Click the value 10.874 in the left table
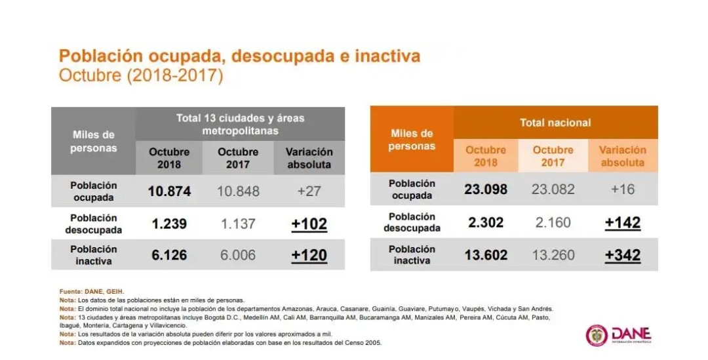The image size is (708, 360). coord(169,191)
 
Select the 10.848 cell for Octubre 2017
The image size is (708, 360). coord(237,191)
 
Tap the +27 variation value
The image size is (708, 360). coord(309,191)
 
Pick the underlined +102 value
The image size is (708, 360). coord(309,224)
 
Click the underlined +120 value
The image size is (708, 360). coord(309,255)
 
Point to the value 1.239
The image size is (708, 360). coord(169,224)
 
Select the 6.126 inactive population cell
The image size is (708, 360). coord(169,255)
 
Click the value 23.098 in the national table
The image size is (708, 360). coord(486,189)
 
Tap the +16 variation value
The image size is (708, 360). coord(622,189)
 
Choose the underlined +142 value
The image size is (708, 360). coord(622,222)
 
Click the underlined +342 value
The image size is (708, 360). coord(622,254)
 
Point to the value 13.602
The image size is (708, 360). coord(486,254)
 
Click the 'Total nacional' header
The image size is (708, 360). coord(555,123)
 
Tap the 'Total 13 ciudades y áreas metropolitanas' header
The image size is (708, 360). coord(240,124)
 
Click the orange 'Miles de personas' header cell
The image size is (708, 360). coord(412,140)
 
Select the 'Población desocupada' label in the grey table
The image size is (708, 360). coord(93,224)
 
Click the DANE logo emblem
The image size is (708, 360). coord(597,335)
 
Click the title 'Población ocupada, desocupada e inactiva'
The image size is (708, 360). coord(239,56)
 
